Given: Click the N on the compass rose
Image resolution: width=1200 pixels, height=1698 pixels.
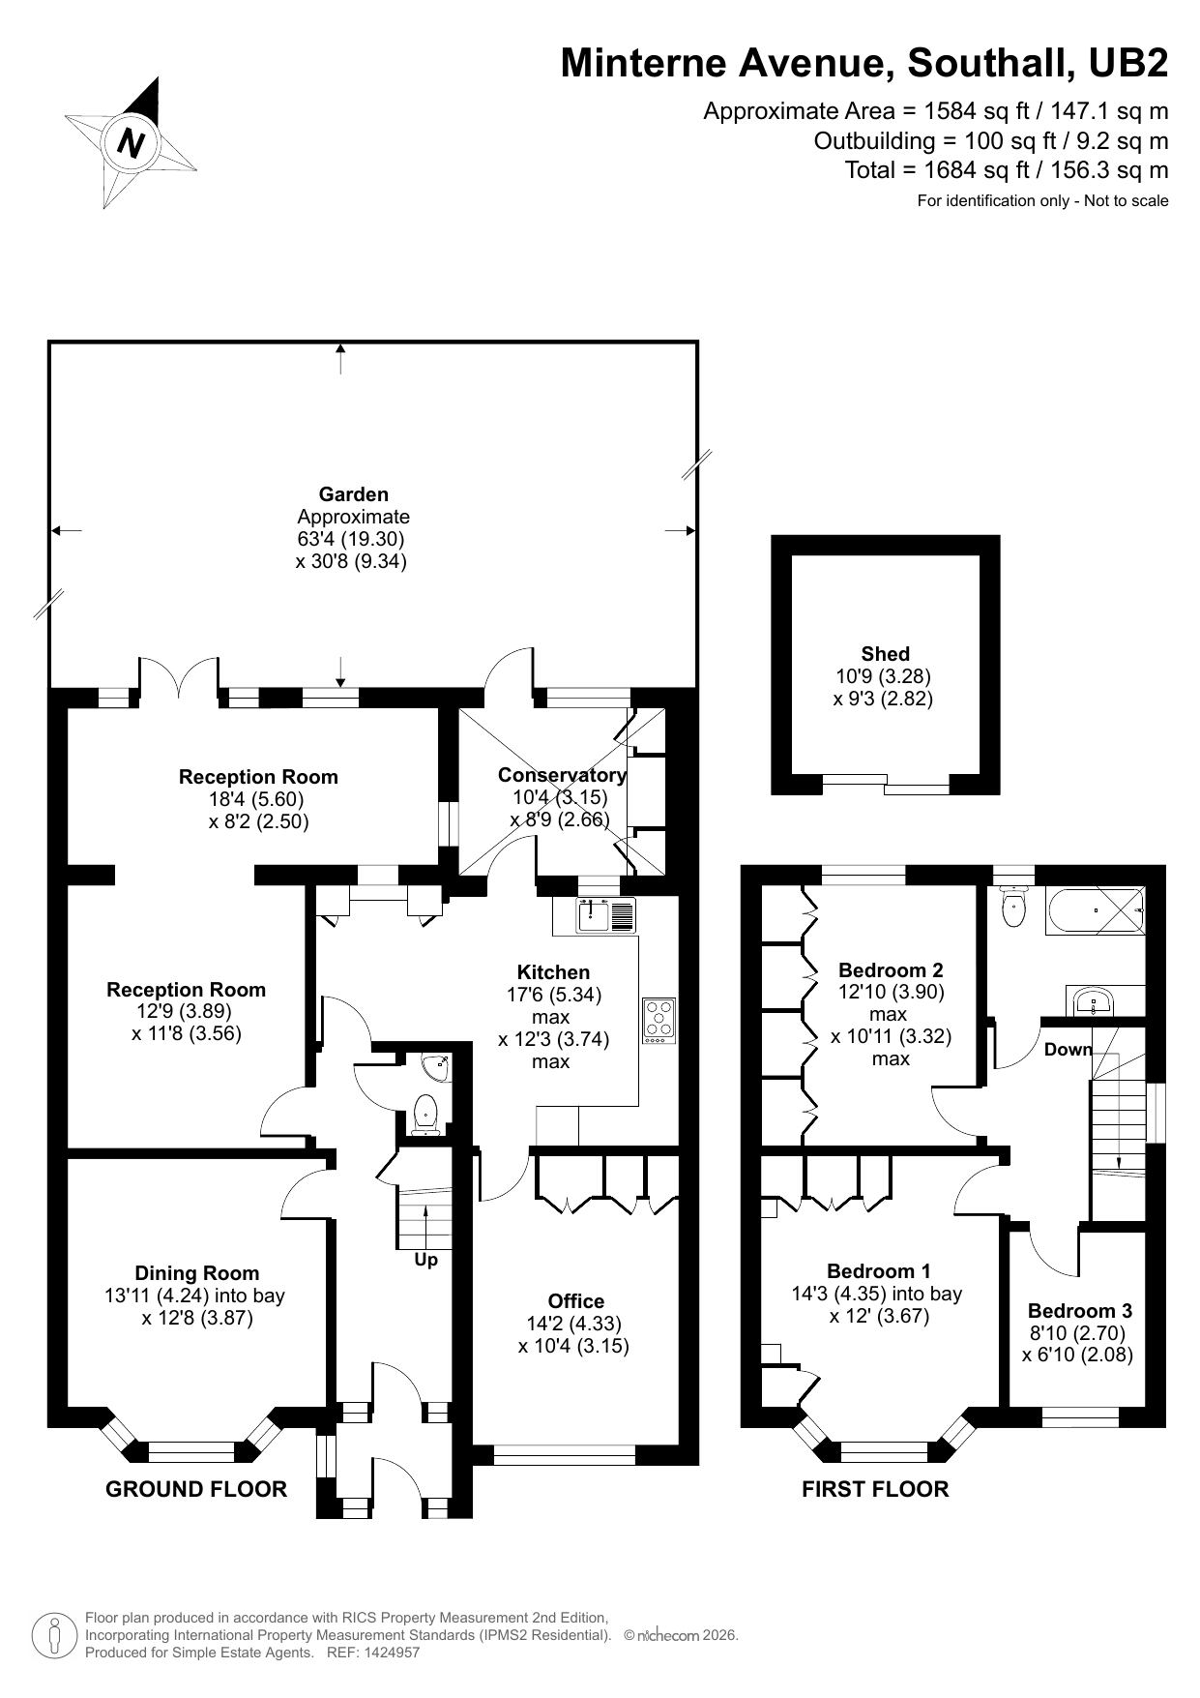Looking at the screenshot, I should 131,143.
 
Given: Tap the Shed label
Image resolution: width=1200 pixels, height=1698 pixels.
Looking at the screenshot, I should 885,654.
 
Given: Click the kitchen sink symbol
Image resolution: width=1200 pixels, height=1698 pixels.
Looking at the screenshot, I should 606,914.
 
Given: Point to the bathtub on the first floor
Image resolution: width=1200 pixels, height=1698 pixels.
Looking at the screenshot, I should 1095,910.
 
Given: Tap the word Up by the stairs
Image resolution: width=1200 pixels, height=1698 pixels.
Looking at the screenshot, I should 425,1260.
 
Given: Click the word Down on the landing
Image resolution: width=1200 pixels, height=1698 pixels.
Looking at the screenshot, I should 1068,1050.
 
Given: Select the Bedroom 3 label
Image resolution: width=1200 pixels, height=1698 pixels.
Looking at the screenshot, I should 1079,1311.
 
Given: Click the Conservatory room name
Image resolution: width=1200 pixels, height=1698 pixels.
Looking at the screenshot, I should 561,775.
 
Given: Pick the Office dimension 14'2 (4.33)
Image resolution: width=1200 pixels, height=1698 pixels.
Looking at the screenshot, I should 574,1324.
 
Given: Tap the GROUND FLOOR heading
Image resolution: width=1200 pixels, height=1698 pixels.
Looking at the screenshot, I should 196,1489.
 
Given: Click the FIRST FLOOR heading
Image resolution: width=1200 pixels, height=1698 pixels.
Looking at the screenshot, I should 875,1489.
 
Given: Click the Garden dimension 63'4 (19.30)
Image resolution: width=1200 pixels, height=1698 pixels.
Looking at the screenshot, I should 351,539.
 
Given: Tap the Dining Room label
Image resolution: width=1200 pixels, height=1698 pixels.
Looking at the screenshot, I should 196,1273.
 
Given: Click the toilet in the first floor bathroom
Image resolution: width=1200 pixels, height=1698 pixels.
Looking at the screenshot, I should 1013,909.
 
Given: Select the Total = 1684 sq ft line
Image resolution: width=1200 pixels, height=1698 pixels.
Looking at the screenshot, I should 1006,170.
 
